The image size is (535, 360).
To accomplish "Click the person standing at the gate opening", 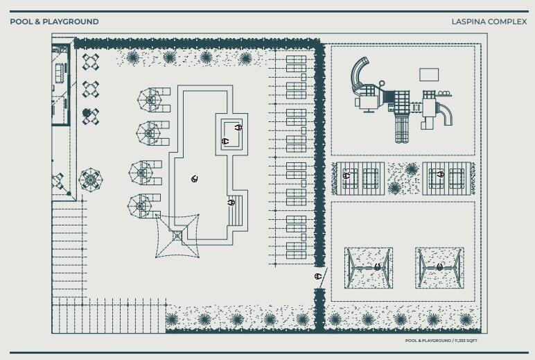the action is [318, 276].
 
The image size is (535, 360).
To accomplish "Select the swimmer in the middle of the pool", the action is [195, 179].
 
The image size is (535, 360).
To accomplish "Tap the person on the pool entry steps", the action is [231, 203].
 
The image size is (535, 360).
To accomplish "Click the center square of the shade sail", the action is [177, 236].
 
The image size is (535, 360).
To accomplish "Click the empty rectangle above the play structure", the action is [429, 74].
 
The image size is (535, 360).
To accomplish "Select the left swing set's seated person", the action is [377, 267].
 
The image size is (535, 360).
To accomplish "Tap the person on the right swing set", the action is [439, 267].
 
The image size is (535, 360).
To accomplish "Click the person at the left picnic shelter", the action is [347, 175].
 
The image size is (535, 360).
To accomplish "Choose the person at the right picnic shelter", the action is [440, 175].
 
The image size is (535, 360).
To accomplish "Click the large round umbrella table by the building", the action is [90, 180].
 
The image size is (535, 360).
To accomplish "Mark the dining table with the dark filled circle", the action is [90, 116].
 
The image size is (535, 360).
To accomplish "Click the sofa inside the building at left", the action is [60, 73].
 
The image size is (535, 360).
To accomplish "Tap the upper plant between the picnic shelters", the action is [412, 169].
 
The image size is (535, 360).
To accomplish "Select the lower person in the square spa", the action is [225, 141].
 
